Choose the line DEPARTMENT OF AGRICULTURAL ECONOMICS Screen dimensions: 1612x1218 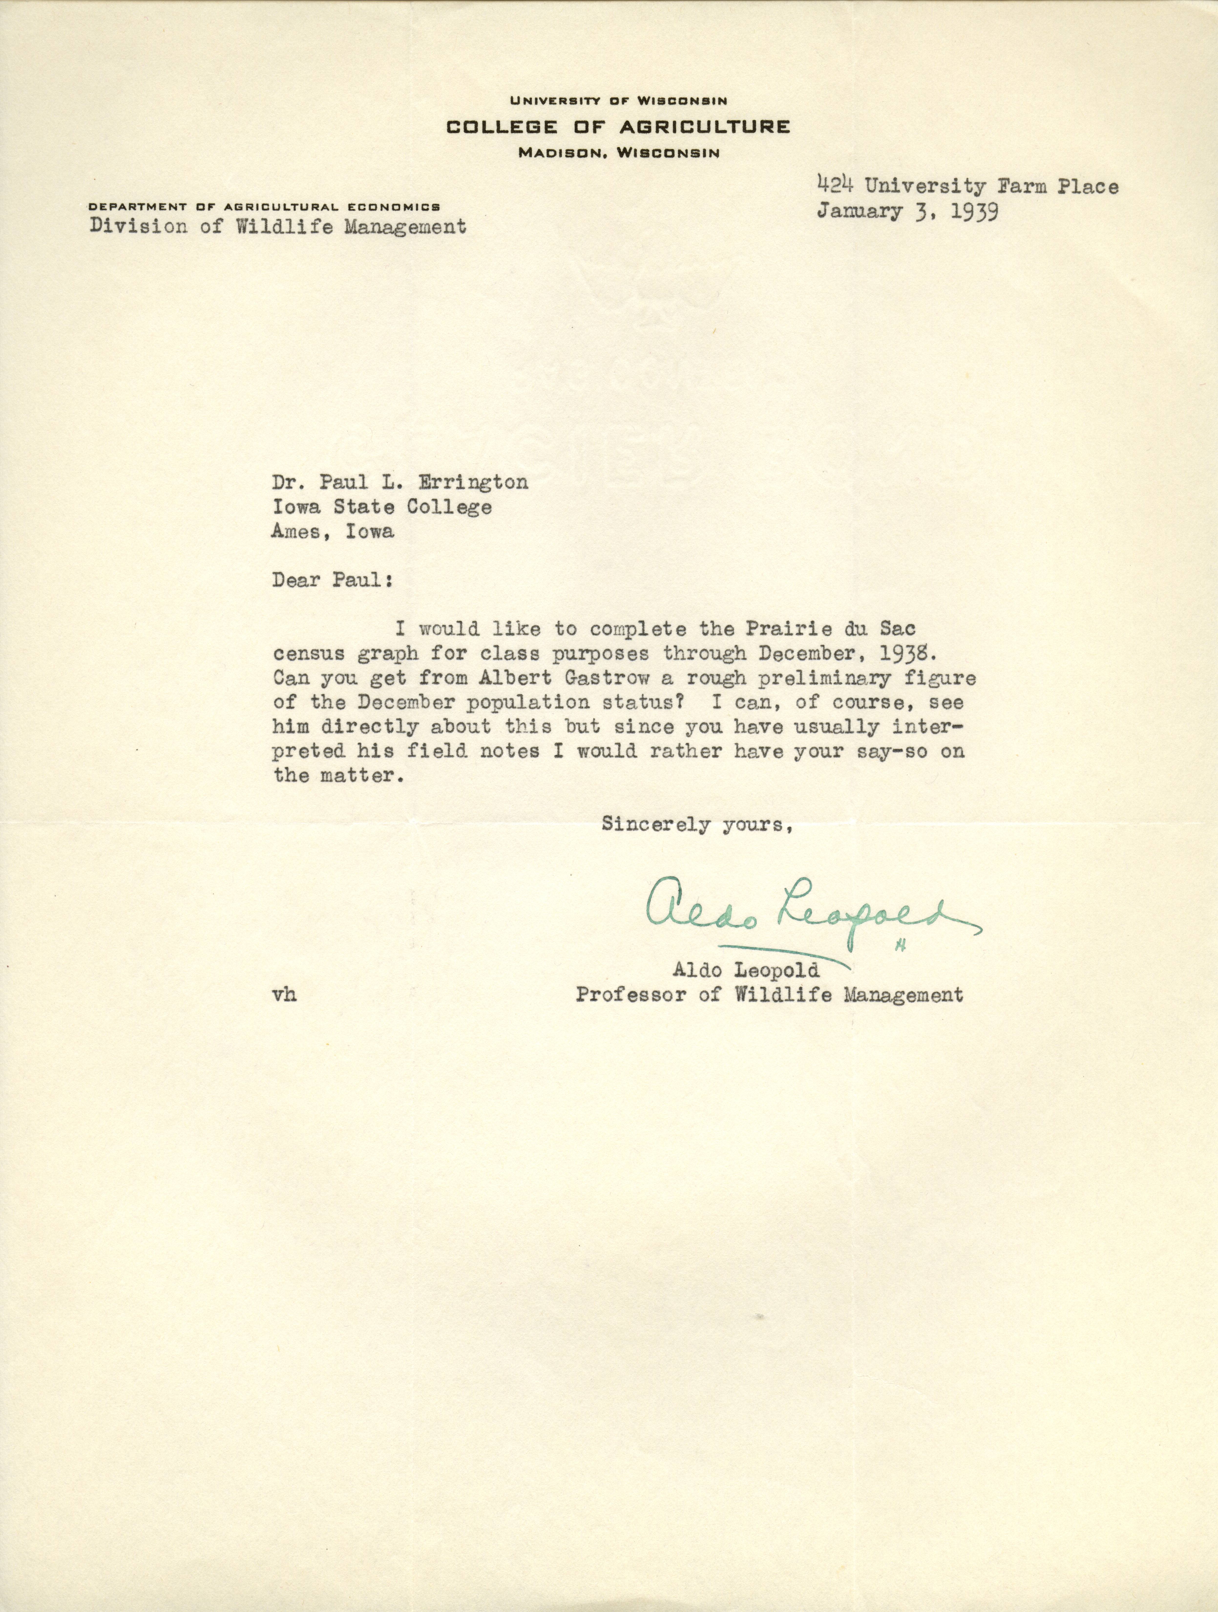point(264,207)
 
